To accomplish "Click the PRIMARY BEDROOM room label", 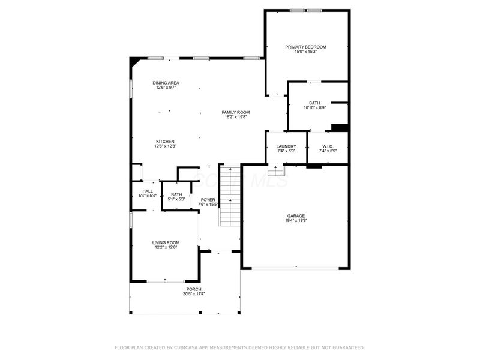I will pos(305,47).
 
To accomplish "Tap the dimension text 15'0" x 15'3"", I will pos(305,52).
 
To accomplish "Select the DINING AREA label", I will pos(166,83).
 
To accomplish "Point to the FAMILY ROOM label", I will pos(235,112).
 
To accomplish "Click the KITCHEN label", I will pos(166,141).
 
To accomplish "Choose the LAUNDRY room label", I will pos(286,146).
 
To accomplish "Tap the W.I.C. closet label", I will pos(327,146).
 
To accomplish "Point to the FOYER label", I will pos(208,200).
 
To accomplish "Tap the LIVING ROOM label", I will pos(166,242).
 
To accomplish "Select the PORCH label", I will pos(194,289).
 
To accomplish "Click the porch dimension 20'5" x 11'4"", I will pos(194,294).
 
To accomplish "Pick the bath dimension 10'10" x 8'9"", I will pos(314,108).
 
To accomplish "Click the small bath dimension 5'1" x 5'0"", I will pos(176,199).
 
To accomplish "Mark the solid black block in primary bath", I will pos(340,127).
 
